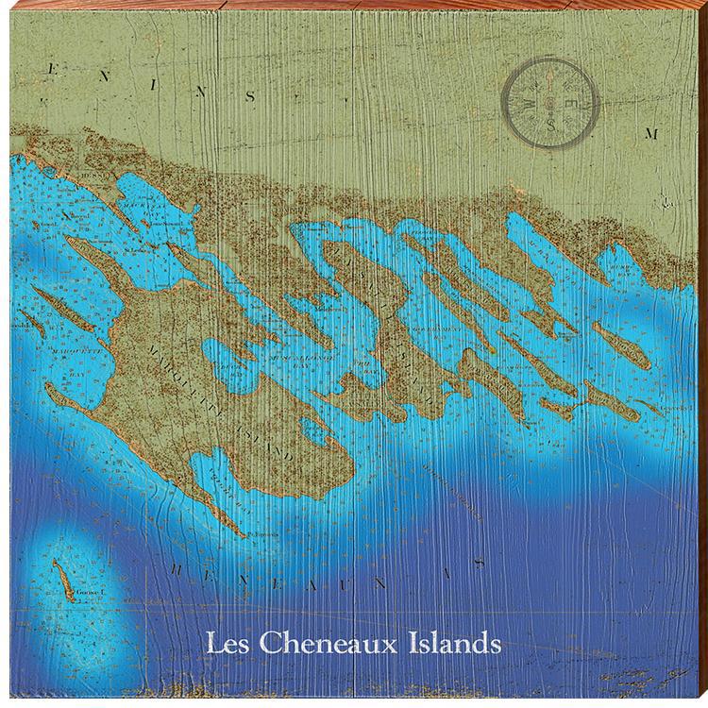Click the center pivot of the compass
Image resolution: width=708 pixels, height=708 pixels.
click(550, 104)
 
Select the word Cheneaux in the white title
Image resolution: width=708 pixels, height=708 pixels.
click(327, 647)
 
